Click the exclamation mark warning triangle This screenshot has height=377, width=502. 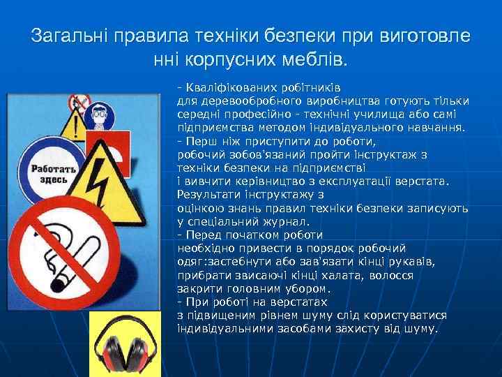coord(73,126)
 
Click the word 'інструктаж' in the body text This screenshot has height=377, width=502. coord(386,154)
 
